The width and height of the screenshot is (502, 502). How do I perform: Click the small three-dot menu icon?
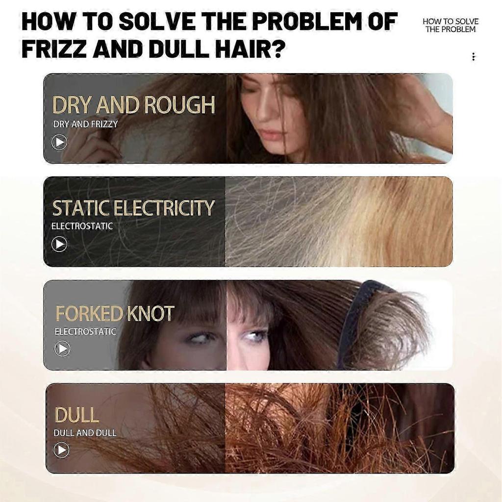coord(473,57)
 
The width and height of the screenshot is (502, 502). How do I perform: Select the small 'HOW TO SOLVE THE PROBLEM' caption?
coord(450,25)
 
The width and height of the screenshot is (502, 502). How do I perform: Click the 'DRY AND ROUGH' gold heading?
coord(133,105)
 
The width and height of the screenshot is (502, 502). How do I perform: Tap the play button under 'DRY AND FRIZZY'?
coord(59,142)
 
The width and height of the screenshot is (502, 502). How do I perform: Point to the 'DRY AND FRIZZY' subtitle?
coord(85,125)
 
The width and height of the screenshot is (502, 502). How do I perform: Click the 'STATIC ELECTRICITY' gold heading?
coord(133,208)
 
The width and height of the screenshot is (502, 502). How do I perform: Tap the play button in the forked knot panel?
coord(62,349)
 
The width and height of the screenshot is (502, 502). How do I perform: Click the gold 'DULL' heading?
coord(77,416)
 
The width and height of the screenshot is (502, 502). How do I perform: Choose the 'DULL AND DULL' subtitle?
coord(85,433)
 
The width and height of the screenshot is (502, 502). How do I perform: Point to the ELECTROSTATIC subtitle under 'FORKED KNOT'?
coord(85,331)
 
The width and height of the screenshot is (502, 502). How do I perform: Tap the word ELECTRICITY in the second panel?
coord(164,208)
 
